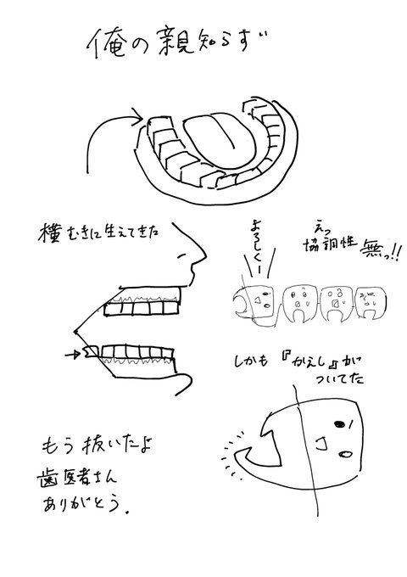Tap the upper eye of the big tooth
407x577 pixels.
coord(340,423)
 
